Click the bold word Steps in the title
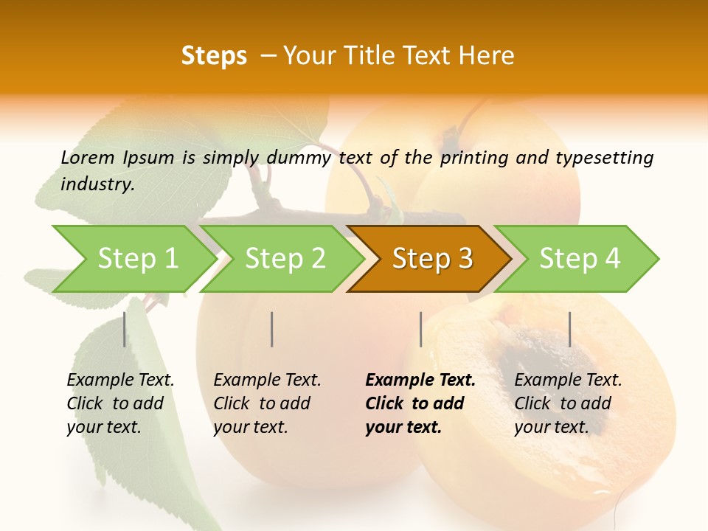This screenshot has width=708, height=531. pyautogui.click(x=214, y=56)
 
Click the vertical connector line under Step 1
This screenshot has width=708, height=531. pyautogui.click(x=125, y=329)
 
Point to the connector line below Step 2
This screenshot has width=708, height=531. pyautogui.click(x=272, y=329)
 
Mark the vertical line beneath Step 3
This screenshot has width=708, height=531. pyautogui.click(x=420, y=329)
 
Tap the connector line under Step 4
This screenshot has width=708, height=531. pyautogui.click(x=569, y=329)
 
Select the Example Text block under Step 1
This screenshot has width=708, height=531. pyautogui.click(x=120, y=403)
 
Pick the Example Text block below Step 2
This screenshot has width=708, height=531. pyautogui.click(x=267, y=403)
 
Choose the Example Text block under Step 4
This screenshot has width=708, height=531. pyautogui.click(x=568, y=403)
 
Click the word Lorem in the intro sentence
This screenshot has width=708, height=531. pyautogui.click(x=88, y=157)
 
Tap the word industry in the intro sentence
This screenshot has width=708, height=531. pyautogui.click(x=97, y=184)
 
